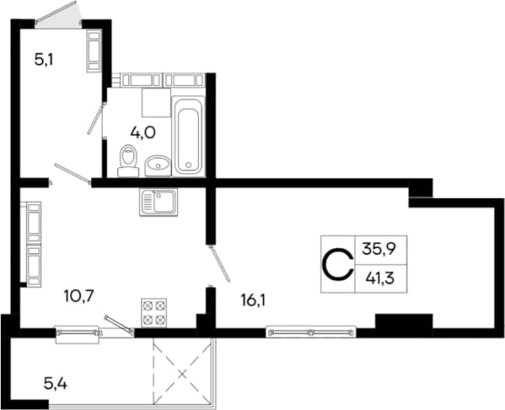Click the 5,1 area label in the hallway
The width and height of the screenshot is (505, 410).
(44, 60)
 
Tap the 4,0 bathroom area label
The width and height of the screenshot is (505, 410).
(143, 132)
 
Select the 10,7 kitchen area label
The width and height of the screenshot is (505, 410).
(79, 296)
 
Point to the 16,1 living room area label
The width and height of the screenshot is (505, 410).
(252, 300)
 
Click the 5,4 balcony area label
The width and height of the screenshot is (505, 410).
(55, 384)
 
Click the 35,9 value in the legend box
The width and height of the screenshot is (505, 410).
(379, 249)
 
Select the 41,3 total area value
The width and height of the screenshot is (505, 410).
(380, 279)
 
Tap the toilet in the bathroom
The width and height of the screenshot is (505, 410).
(129, 160)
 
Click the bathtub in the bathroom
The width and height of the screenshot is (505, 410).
(188, 136)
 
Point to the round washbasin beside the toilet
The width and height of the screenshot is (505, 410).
(158, 166)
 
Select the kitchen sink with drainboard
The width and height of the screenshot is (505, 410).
(159, 202)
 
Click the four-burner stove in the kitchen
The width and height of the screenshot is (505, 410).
(154, 312)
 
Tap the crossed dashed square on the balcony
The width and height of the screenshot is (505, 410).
(182, 373)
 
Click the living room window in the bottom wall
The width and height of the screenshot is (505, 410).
(311, 332)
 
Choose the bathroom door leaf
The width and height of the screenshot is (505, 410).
(96, 118)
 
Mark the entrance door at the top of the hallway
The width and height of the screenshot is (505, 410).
(58, 13)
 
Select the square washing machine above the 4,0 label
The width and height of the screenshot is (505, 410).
(156, 103)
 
